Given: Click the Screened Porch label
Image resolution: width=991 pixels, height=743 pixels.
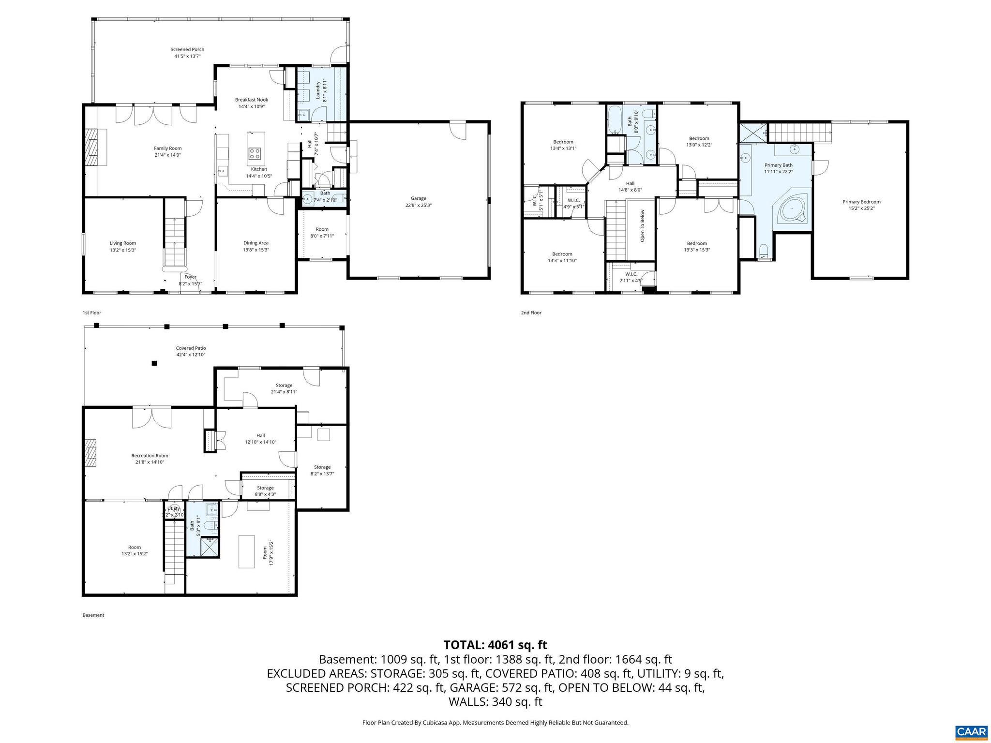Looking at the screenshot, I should coord(187,49).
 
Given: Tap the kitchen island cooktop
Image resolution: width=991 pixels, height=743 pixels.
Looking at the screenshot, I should coord(255,154).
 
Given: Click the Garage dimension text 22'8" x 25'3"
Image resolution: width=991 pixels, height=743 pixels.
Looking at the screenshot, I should coord(419,205).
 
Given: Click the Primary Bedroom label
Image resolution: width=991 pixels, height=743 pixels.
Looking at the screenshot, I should coord(861,202).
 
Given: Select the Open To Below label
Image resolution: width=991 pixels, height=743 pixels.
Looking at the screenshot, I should coord(643,225).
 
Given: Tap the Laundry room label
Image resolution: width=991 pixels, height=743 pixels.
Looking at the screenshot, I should coord(318,90).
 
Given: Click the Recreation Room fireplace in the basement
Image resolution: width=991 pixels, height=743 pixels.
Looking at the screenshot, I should coord(91,453).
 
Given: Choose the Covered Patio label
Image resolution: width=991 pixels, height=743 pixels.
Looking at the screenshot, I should coord(191,348).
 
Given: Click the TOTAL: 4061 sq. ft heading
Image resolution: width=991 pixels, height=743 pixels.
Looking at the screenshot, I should coord(495,645).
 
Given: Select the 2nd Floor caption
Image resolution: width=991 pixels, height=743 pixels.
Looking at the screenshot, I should coord(531,312).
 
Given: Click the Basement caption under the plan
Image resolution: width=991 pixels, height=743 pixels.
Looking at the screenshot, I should coord(93,615).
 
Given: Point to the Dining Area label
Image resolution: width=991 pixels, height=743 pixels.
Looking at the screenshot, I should coord(256,243).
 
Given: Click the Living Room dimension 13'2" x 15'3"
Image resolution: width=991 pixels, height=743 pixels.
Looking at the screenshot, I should coord(123,250).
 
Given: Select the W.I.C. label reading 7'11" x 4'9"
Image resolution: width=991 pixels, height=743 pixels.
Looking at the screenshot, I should coord(631,277).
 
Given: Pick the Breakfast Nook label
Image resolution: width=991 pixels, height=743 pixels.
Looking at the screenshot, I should coord(252,100).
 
